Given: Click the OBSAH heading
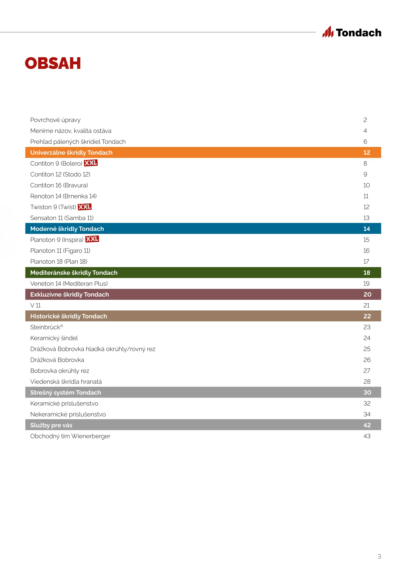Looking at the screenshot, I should coord(53,63).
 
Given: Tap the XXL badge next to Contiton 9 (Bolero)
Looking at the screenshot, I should coord(91,163).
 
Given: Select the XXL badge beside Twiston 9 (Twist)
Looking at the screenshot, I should coord(85,207).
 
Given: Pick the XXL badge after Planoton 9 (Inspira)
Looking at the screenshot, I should coord(92,239).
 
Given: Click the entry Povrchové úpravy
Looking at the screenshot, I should coord(55,120).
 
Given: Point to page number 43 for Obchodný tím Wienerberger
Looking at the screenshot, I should coord(367,436).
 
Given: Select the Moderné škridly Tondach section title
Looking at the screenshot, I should coord(67,229).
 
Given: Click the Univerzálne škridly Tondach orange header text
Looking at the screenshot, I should coord(71,153).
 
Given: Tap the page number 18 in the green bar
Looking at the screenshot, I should coord(367,273).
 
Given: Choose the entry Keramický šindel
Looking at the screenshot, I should coord(54,338).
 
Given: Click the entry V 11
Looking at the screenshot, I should coord(35,305).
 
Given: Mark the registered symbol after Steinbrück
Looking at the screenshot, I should coord(62,326).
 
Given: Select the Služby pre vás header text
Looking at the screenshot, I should coord(51,425).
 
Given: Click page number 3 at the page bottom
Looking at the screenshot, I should coord(379,556).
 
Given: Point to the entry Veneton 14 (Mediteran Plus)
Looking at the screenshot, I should coord(69,284).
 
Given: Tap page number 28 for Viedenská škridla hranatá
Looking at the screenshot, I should coord(367,382).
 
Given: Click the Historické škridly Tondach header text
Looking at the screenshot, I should coord(69,316).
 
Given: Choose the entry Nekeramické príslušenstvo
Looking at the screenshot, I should coord(68,414).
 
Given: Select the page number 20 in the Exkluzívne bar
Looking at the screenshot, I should coord(367,294).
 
